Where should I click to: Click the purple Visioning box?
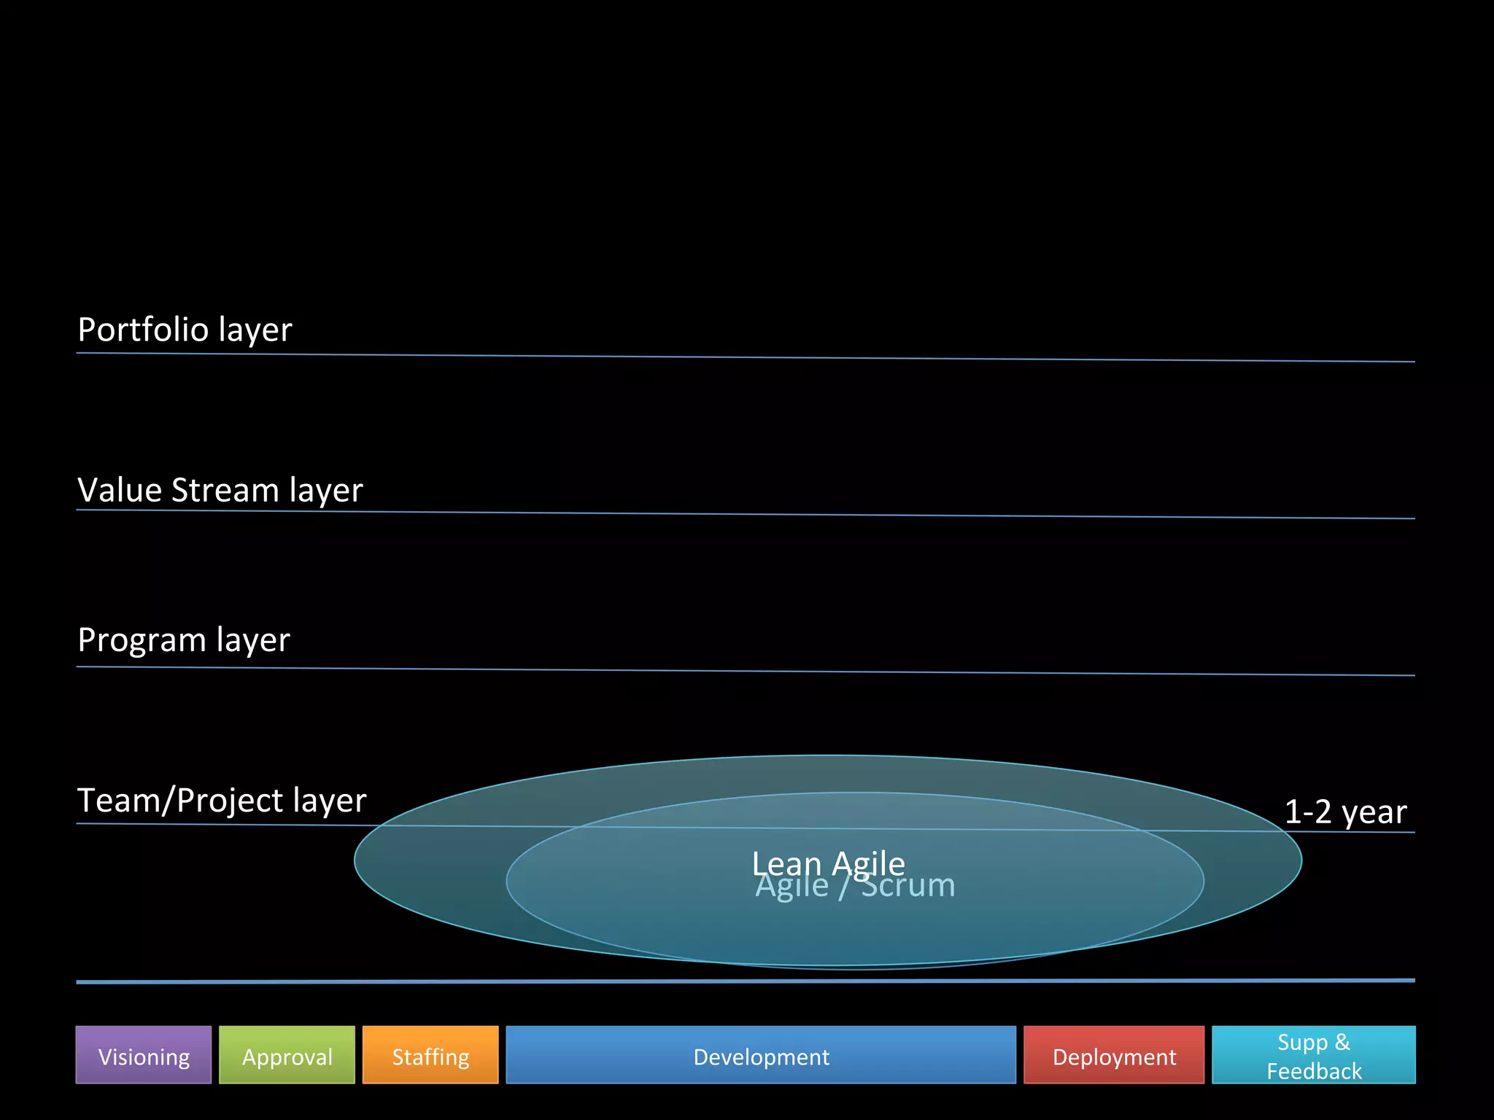144,1055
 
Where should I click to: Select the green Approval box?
287,1055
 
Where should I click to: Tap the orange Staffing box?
430,1055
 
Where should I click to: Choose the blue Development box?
761,1055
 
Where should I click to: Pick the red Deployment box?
1114,1055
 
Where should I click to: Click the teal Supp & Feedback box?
1314,1055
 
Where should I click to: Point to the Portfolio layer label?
185,330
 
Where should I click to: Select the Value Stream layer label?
220,490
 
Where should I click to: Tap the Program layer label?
184,640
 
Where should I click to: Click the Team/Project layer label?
222,801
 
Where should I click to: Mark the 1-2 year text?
1345,812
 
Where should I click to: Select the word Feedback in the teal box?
1314,1071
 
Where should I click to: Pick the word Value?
120,490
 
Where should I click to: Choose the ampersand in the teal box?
1342,1042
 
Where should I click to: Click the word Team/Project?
180,801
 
